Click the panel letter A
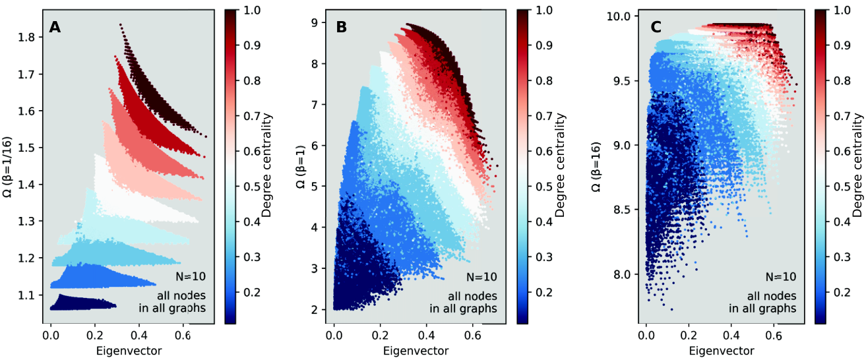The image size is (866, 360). pos(55,27)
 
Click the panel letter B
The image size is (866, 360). pos(342,27)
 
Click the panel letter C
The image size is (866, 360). pos(656,27)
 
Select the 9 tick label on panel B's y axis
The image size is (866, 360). pos(314,23)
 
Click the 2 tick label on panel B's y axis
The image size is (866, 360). pos(314,309)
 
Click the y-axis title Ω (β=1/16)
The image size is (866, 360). pos(7,167)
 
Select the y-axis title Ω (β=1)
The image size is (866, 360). pos(300,167)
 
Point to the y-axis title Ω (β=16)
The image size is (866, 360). pos(596,167)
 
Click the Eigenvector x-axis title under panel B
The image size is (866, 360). pos(416,351)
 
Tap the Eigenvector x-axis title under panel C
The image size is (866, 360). pos(722,351)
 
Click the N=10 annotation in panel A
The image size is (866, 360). pos(190,276)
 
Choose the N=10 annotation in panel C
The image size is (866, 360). pos(781,276)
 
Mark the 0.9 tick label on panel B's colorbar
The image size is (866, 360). pos(544,45)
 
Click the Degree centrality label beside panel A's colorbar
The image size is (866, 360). pos(266,165)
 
